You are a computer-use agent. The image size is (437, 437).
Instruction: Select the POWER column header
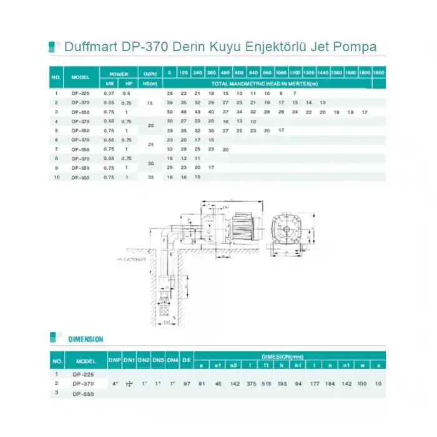tap(119, 74)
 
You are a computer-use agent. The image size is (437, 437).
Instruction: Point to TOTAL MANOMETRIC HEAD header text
tap(264, 83)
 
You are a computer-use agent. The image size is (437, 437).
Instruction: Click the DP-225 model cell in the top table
tap(81, 94)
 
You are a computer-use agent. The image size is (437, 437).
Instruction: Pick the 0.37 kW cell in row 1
tap(110, 94)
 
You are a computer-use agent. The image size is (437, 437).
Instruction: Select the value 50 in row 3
tap(169, 112)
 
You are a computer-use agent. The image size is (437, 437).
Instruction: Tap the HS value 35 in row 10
tap(149, 177)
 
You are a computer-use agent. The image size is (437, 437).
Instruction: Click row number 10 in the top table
tap(56, 177)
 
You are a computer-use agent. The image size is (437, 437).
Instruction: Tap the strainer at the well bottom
tap(167, 308)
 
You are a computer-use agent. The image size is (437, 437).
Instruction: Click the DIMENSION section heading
tap(86, 339)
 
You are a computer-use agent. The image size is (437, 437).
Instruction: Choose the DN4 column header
tap(173, 361)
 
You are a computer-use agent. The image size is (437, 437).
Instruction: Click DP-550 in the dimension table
tap(83, 393)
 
